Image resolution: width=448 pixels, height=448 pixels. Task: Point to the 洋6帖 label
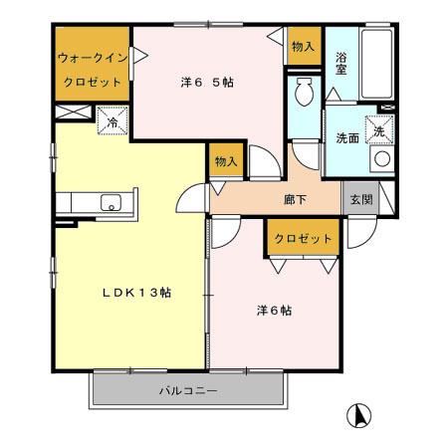click(269, 311)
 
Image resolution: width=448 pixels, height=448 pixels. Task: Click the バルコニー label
click(189, 389)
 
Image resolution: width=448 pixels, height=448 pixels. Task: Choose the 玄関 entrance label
click(359, 198)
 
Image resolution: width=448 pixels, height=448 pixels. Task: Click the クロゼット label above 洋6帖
click(302, 238)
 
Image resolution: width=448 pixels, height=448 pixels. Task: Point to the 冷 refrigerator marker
click(112, 123)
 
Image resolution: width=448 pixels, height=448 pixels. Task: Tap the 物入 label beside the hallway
click(225, 160)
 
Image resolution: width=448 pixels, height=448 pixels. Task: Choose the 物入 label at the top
click(303, 47)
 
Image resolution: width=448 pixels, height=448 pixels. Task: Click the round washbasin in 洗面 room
click(381, 157)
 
